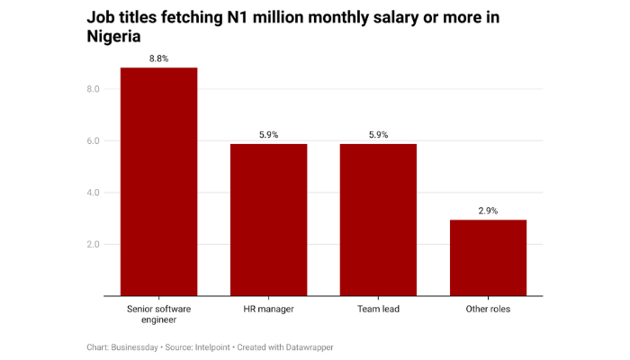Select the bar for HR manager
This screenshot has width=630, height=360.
click(268, 220)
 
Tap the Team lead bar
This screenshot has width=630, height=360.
click(378, 220)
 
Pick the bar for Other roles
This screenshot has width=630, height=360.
click(488, 257)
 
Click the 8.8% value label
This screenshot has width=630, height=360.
click(159, 58)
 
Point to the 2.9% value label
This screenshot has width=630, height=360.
click(488, 211)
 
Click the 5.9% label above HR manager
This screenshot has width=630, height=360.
click(268, 134)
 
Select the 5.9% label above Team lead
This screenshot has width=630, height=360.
click(378, 134)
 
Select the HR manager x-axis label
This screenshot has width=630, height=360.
click(268, 310)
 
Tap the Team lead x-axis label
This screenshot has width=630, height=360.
click(378, 310)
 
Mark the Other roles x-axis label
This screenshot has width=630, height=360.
click(488, 310)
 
